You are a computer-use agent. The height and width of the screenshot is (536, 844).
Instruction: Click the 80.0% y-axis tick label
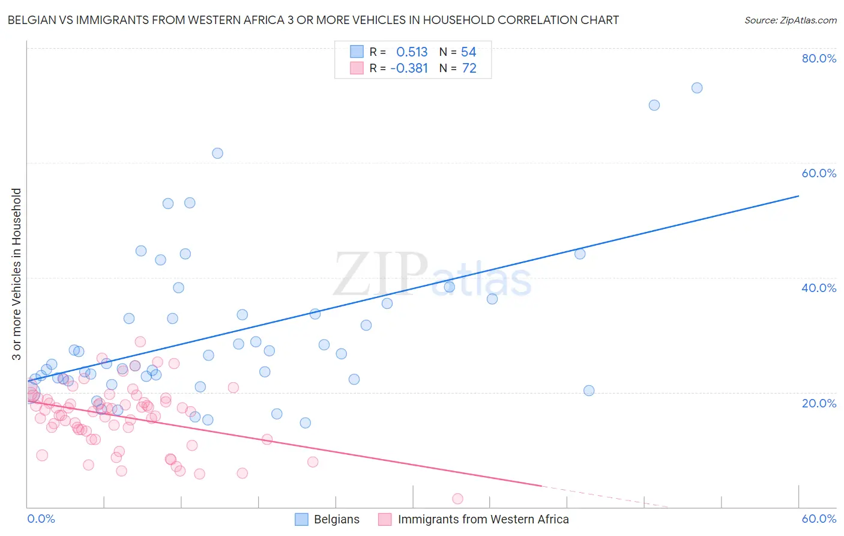point(819,58)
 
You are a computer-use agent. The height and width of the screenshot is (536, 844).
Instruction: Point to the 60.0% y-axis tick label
point(819,173)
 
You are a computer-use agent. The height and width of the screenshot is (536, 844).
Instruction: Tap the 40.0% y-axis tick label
point(819,288)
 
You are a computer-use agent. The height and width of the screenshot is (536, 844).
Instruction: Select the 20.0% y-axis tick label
point(819,403)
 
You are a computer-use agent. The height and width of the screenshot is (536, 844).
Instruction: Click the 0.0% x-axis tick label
point(41,519)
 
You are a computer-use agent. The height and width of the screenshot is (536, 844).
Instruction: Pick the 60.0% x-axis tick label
point(819,519)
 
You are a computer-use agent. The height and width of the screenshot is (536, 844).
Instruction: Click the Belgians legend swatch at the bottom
point(301,519)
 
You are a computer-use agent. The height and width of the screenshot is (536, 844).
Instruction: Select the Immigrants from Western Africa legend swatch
point(385,519)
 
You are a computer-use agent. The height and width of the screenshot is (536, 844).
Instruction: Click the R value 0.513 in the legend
point(412,52)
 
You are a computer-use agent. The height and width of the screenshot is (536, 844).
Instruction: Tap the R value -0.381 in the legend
point(409,69)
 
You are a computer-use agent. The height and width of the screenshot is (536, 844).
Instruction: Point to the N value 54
point(468,52)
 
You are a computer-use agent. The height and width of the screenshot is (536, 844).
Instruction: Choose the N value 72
point(469,69)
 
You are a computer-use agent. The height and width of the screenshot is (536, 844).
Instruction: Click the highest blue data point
point(697,88)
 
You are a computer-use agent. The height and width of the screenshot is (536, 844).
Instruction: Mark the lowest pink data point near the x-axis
point(457,499)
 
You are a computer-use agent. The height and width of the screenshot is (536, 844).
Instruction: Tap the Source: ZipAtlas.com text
point(790,20)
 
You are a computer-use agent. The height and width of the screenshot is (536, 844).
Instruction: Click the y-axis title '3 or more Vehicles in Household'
point(16,274)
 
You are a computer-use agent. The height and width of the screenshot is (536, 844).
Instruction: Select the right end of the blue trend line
point(798,196)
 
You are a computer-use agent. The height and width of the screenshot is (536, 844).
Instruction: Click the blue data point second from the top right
point(654,105)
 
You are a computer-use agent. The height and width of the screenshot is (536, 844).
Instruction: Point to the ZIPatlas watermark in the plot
point(432,275)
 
